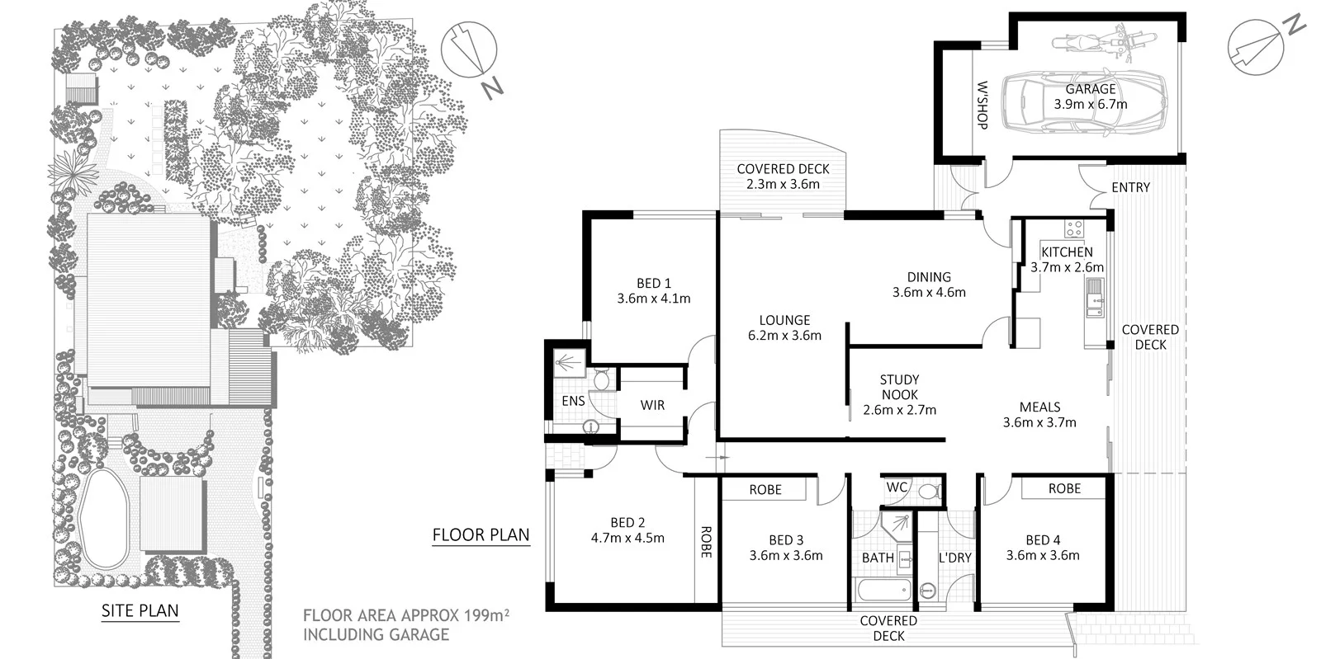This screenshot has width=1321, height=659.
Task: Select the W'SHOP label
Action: coord(982,104)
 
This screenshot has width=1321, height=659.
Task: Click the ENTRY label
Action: coord(1130,187)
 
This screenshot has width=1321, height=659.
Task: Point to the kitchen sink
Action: coord(1094,297)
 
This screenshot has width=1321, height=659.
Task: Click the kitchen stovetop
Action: coord(1073,228)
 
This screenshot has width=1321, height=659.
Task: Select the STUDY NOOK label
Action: coord(899,387)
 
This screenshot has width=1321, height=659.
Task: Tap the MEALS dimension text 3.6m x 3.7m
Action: coord(1039,422)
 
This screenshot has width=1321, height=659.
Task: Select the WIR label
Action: coord(652,405)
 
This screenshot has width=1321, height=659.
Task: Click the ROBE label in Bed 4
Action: coord(1064,488)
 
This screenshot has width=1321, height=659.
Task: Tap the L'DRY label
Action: coord(954,558)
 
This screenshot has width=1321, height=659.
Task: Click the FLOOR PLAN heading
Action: coord(481,534)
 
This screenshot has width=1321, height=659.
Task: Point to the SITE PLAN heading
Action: coord(140,611)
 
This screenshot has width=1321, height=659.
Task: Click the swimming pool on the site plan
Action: coord(104,518)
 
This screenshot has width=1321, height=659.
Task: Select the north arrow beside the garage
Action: coord(1256,46)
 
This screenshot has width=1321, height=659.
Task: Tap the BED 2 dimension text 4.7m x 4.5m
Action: coord(627,538)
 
